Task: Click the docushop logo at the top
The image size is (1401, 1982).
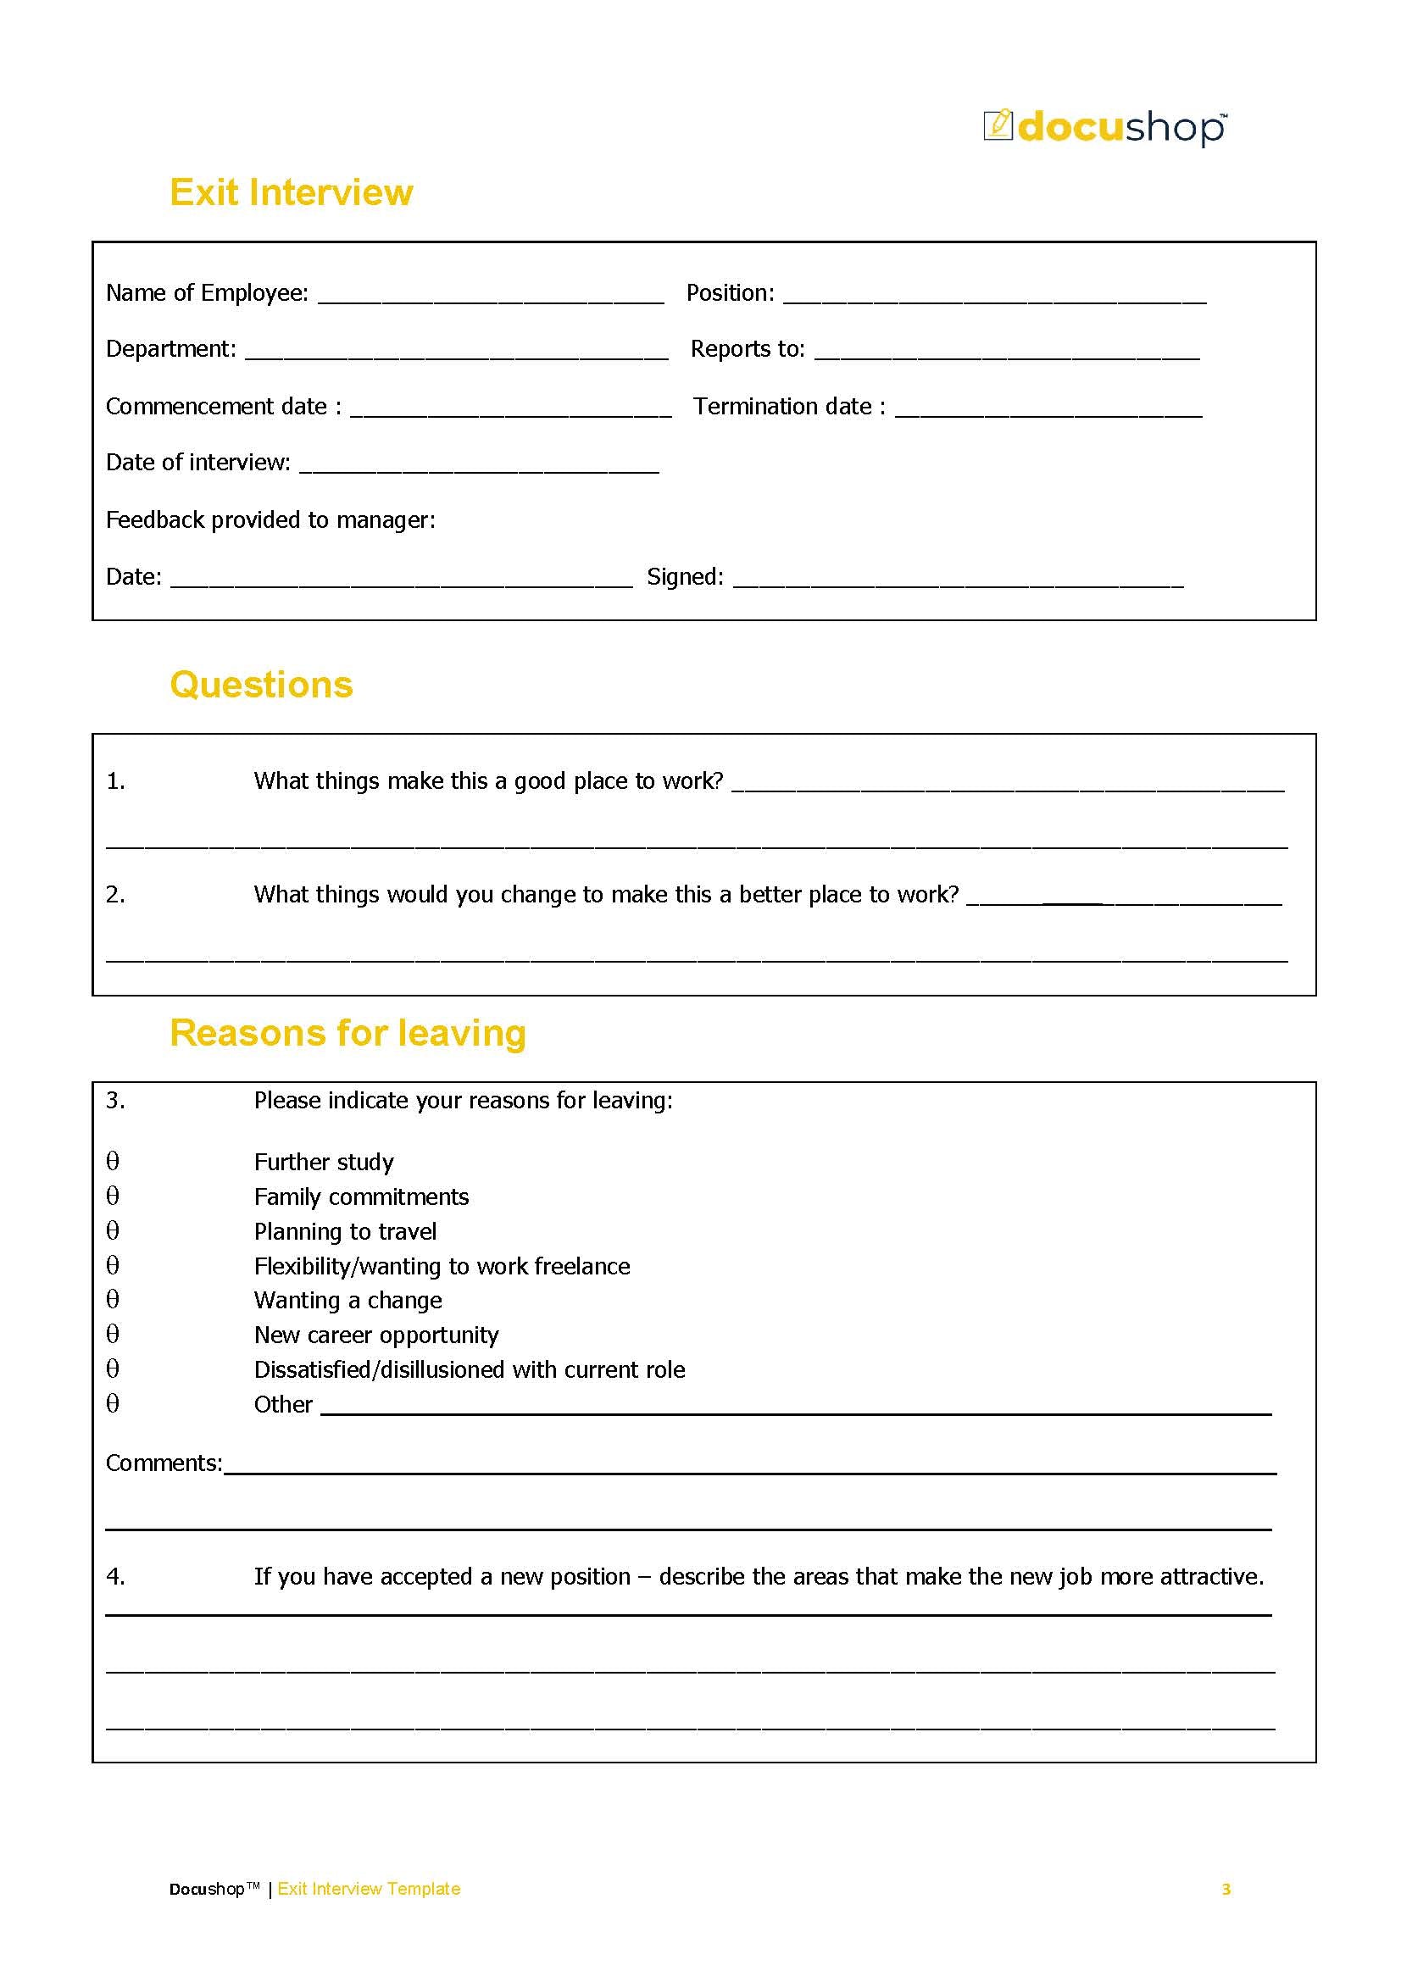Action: pyautogui.click(x=1104, y=127)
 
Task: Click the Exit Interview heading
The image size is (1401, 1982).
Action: pyautogui.click(x=291, y=192)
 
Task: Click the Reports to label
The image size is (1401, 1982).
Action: pyautogui.click(x=747, y=349)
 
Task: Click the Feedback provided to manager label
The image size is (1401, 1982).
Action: pyautogui.click(x=270, y=519)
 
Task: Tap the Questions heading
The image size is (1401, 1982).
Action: pyautogui.click(x=261, y=685)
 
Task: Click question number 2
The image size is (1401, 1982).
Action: pyautogui.click(x=115, y=895)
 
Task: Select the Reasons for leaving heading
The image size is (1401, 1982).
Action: pyautogui.click(x=347, y=1032)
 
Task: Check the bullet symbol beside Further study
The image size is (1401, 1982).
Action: pyautogui.click(x=112, y=1161)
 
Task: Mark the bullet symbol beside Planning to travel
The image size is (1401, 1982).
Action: pyautogui.click(x=112, y=1230)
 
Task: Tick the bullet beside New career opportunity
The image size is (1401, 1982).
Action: pyautogui.click(x=112, y=1334)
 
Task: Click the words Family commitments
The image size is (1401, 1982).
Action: pyautogui.click(x=361, y=1196)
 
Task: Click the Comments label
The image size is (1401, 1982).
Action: pyautogui.click(x=163, y=1463)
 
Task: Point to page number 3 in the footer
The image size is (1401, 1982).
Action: pyautogui.click(x=1226, y=1889)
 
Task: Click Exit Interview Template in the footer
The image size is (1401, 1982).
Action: pyautogui.click(x=369, y=1889)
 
